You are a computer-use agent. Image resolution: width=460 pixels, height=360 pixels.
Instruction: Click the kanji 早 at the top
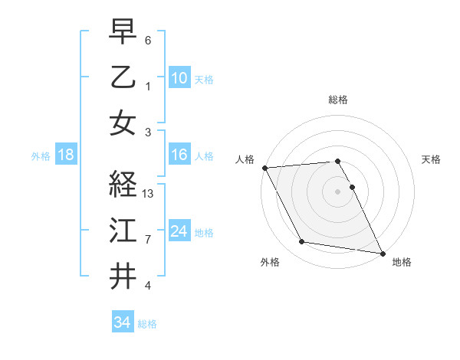(123, 31)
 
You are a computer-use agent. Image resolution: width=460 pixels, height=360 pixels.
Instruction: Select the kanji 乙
(123, 77)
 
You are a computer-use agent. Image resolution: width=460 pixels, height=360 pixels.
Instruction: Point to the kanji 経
(123, 185)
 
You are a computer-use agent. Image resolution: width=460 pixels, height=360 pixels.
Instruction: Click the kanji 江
(123, 230)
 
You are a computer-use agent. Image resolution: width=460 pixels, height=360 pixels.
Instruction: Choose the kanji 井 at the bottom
(123, 276)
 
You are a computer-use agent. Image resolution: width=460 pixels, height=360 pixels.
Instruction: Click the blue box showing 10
(179, 78)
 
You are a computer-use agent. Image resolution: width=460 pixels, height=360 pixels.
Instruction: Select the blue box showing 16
(179, 155)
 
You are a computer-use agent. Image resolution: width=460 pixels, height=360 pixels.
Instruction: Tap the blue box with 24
(179, 231)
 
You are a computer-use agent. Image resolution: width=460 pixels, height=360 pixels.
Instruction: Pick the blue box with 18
(65, 155)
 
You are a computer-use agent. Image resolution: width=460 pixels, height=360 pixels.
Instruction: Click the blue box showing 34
(122, 322)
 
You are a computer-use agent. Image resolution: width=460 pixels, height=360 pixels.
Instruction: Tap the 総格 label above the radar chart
(338, 100)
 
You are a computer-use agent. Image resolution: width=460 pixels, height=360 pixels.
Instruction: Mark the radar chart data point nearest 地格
(382, 253)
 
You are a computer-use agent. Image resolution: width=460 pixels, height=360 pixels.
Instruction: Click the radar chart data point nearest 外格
(302, 242)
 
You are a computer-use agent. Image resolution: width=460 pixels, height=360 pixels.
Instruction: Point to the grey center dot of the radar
(338, 191)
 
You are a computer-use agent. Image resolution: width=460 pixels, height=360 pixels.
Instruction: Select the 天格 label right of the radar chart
(431, 159)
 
